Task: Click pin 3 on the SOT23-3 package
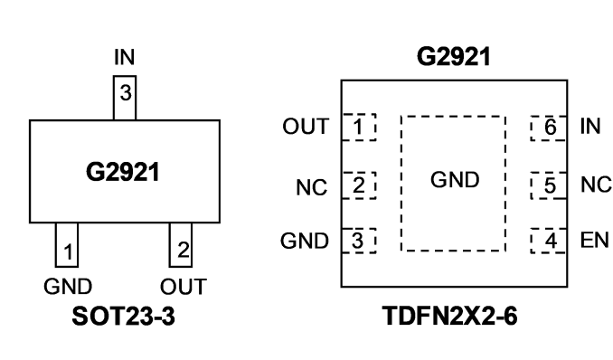click(125, 98)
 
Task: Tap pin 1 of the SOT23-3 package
click(67, 245)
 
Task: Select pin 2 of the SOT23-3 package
click(181, 245)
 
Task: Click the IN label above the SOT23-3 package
click(125, 57)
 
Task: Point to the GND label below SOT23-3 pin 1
click(68, 287)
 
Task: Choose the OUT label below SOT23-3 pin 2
click(184, 287)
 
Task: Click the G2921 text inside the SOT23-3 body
click(123, 172)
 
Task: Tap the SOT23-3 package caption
click(124, 317)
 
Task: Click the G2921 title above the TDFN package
click(454, 57)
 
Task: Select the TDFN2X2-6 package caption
click(450, 316)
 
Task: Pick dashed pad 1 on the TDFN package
click(359, 127)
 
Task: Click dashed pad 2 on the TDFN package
click(359, 185)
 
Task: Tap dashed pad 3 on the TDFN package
click(359, 241)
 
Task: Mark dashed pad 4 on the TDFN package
click(549, 241)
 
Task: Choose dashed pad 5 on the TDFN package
click(549, 185)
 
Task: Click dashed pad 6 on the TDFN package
click(549, 128)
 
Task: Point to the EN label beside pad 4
click(595, 241)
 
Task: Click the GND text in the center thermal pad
click(455, 180)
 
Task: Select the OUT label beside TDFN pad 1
click(306, 127)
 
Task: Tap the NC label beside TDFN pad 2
click(312, 187)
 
